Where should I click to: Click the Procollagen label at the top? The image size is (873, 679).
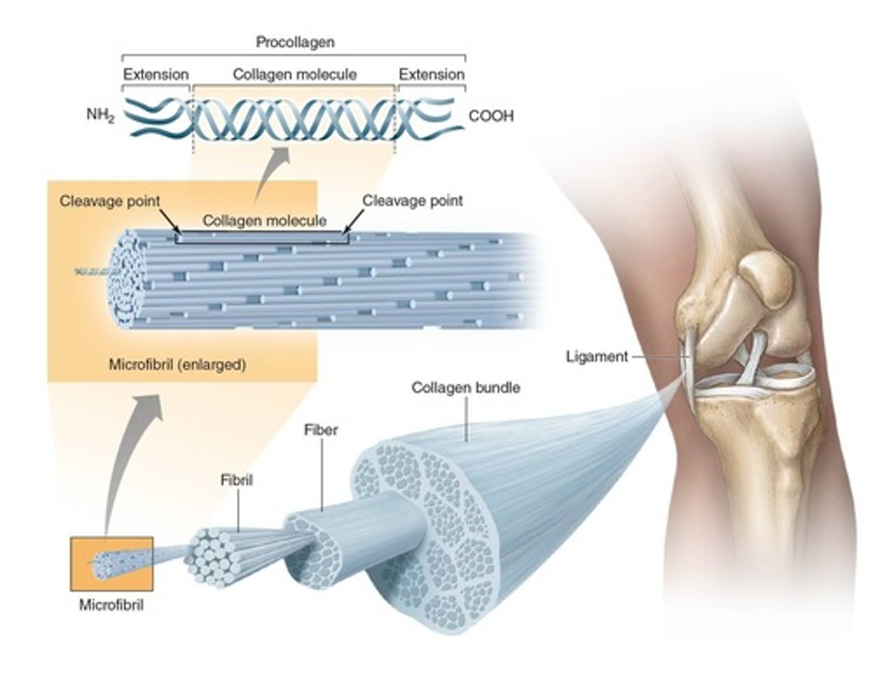[x=295, y=42]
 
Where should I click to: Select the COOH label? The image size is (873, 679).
[x=490, y=116]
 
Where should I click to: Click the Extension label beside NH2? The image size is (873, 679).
[x=156, y=75]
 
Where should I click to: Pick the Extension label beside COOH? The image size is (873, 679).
[x=431, y=75]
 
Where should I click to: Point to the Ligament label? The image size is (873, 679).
[x=597, y=356]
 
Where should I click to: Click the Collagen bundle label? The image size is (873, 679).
[x=466, y=387]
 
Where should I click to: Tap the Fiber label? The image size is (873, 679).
[x=321, y=430]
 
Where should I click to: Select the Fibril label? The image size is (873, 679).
[x=236, y=480]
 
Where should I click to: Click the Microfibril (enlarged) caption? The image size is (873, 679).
[x=177, y=365]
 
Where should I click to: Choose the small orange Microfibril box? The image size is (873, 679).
[x=112, y=564]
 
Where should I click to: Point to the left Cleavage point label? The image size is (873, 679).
[x=110, y=201]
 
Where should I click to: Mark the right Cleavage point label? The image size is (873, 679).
[x=412, y=201]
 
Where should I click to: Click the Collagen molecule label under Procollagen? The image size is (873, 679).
[x=295, y=75]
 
